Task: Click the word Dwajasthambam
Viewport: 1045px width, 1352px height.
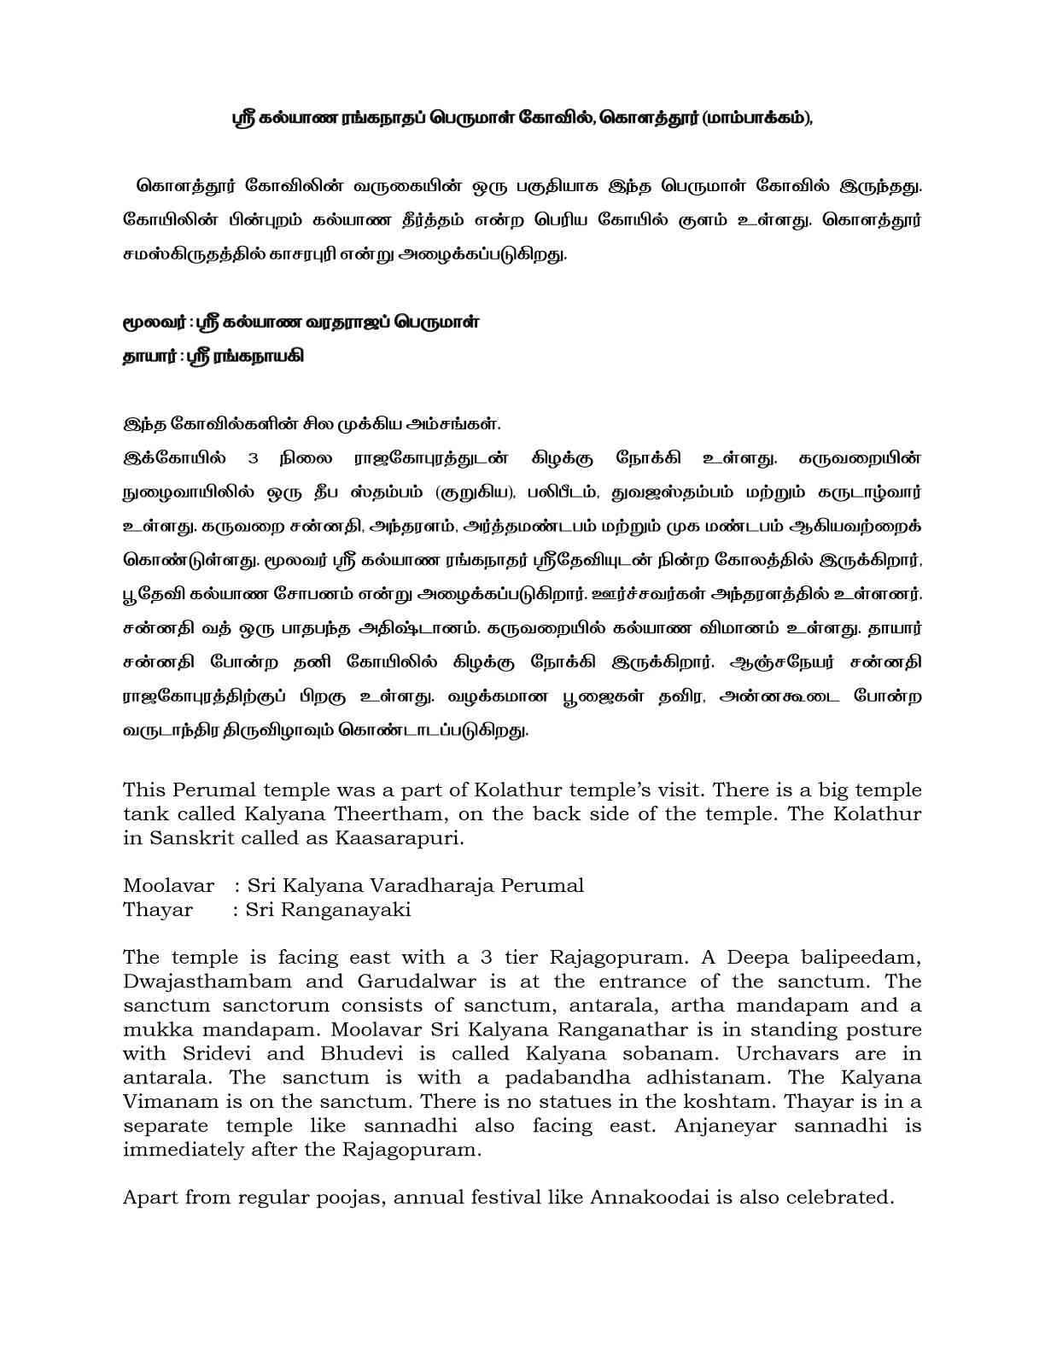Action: point(207,982)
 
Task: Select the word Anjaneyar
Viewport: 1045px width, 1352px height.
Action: point(725,1125)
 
